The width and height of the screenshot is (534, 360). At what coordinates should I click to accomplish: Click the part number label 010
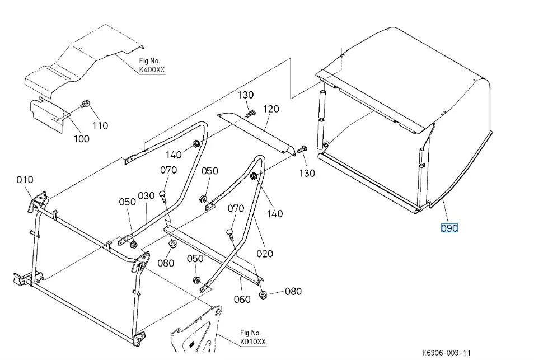tap(25, 180)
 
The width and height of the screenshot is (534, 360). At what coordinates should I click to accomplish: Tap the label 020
tap(265, 254)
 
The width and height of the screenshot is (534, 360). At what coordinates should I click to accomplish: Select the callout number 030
tap(146, 196)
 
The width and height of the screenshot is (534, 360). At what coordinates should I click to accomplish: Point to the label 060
tap(242, 299)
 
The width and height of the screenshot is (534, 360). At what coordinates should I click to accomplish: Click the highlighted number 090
tap(449, 228)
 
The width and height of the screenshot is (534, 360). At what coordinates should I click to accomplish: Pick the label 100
tap(82, 138)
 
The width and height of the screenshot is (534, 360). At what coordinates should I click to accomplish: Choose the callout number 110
tap(100, 125)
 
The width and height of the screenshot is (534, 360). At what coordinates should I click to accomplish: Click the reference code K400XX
tap(152, 71)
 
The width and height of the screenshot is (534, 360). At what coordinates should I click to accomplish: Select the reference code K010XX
tap(254, 341)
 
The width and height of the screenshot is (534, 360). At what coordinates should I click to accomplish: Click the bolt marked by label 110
tap(86, 104)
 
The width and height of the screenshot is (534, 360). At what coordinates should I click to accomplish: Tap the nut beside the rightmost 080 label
tap(263, 294)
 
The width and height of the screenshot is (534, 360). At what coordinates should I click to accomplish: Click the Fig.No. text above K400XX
tap(150, 61)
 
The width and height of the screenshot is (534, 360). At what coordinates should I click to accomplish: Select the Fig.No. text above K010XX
tap(251, 332)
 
